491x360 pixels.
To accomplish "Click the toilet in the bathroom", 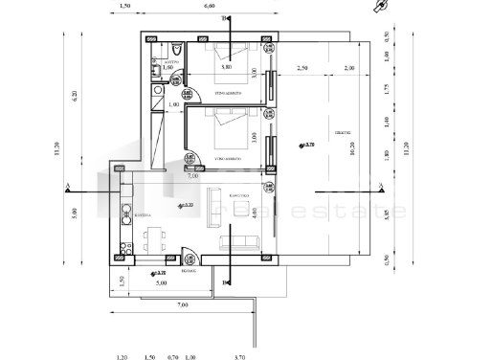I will [178, 51].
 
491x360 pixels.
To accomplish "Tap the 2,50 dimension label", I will [302, 69].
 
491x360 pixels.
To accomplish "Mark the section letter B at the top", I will [224, 18].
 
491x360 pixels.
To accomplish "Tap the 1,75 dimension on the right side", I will [386, 89].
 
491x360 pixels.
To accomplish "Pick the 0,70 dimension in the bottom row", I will [173, 356].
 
